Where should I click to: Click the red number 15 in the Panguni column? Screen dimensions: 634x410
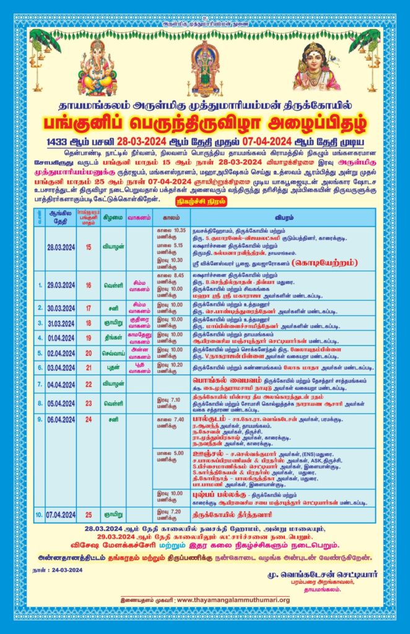(89, 246)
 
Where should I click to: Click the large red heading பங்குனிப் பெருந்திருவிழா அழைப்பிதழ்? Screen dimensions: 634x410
(205, 121)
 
